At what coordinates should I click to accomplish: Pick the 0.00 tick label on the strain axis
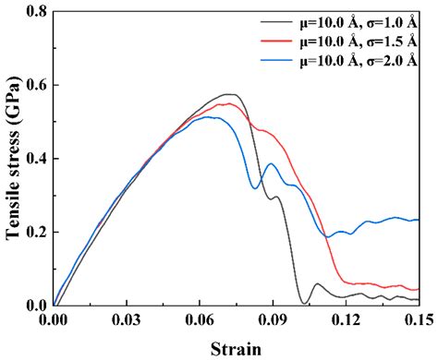click(54, 319)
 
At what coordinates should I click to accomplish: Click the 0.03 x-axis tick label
click(127, 319)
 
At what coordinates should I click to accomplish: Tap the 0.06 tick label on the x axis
click(200, 319)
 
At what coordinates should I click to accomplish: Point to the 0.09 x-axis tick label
click(273, 319)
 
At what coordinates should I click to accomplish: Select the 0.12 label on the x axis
click(346, 319)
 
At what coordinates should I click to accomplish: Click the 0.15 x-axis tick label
click(420, 319)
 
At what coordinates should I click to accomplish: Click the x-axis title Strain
click(236, 349)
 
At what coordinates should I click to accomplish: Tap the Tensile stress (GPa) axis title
click(13, 158)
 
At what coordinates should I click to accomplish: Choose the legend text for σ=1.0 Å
click(359, 23)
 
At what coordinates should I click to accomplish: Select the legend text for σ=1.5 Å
click(359, 42)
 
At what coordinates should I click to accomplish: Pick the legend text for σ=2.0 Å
click(359, 60)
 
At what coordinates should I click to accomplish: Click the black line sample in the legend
click(275, 21)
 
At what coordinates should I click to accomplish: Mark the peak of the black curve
click(229, 94)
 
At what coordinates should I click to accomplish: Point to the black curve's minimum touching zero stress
click(304, 304)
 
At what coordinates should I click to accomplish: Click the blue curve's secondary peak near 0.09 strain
click(272, 163)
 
